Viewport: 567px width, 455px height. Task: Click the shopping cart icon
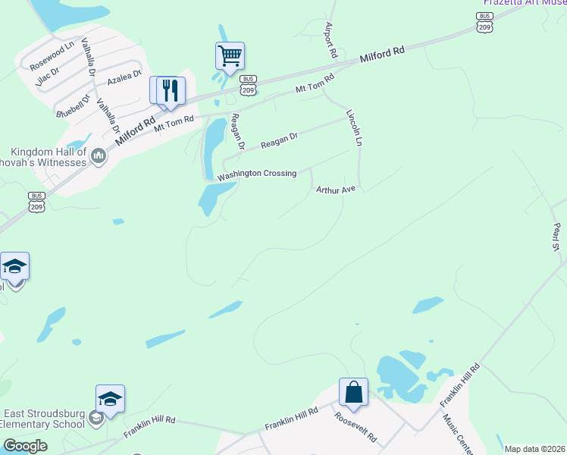[230, 55]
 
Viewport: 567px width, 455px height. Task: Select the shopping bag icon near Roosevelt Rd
[353, 392]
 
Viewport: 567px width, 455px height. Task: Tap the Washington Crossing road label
[256, 174]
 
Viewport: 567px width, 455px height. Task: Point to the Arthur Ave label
[336, 190]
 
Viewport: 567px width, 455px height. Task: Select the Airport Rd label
[330, 40]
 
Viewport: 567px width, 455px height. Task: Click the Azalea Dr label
[124, 77]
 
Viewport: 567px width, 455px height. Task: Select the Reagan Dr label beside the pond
[238, 130]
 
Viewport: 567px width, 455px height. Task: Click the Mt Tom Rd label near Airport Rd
[315, 83]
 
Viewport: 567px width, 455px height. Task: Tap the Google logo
[25, 446]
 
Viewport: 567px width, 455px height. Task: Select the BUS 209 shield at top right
[484, 21]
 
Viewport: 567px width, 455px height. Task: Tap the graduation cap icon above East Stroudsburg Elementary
[110, 399]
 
